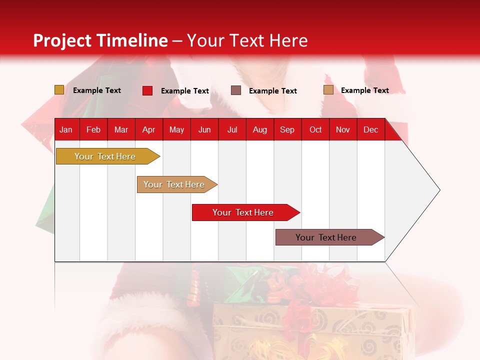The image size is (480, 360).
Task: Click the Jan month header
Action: tap(66, 129)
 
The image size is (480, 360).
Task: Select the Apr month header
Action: tap(148, 129)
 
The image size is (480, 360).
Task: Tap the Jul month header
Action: tap(232, 129)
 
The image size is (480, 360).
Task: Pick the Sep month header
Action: tap(287, 129)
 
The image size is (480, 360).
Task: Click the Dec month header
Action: tap(370, 129)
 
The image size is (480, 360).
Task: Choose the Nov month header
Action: tap(342, 129)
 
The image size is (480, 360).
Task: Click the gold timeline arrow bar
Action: tap(105, 156)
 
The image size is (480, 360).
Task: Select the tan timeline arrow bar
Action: tap(174, 184)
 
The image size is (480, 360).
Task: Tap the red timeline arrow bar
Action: tap(243, 212)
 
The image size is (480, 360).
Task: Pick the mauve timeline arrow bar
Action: tap(326, 237)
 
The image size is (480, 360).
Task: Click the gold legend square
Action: tap(59, 90)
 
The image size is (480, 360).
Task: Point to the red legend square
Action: tap(147, 90)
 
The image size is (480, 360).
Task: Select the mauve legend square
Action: tap(236, 90)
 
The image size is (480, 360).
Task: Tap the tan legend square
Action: tap(328, 90)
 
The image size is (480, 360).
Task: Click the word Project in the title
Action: tap(63, 40)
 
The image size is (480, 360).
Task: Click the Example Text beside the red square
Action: tap(184, 91)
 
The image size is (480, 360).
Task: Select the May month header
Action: tap(176, 129)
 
